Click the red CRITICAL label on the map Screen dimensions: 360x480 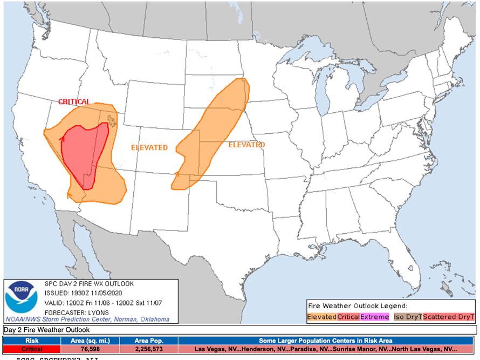click(74, 101)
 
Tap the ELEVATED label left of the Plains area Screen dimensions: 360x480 click(149, 147)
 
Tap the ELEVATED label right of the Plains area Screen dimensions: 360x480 click(246, 145)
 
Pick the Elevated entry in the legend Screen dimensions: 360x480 click(322, 317)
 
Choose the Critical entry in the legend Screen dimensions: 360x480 click(348, 317)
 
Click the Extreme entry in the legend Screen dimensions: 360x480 click(375, 317)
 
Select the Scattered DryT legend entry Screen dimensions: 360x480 click(448, 317)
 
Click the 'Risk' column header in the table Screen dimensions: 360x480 click(32, 341)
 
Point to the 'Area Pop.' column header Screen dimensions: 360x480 click(148, 341)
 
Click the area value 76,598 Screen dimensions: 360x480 click(90, 349)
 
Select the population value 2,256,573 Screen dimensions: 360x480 click(148, 349)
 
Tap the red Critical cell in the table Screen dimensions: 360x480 click(32, 349)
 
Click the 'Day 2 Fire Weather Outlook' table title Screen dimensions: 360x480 click(47, 330)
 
